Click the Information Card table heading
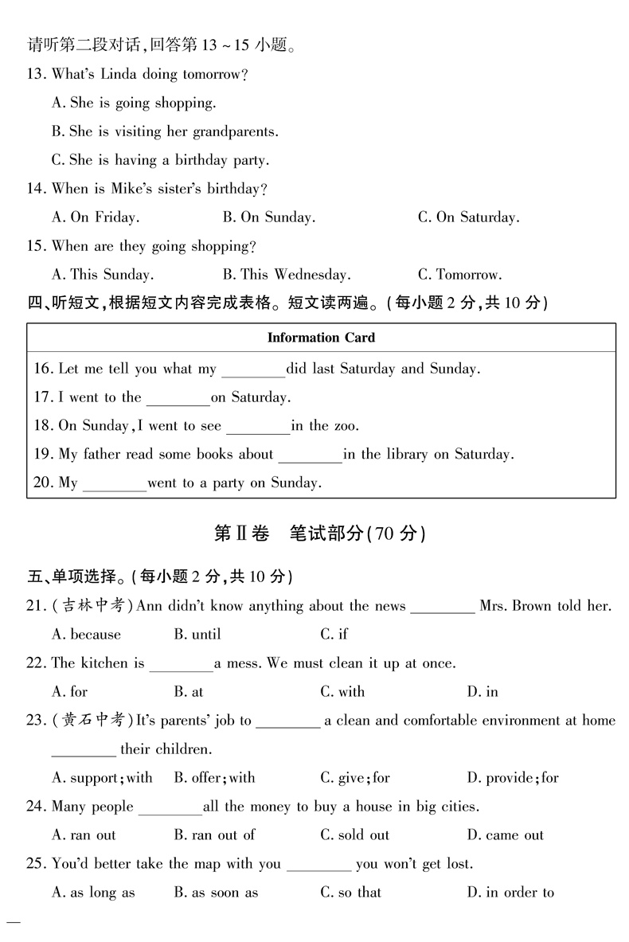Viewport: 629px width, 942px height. tap(321, 338)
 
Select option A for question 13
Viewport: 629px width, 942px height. tap(133, 103)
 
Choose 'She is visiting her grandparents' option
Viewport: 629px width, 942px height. tap(165, 131)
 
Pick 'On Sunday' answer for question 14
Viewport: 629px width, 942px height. tap(269, 217)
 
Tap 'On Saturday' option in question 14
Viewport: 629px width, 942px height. tap(468, 217)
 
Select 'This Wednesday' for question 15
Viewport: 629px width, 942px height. tap(286, 275)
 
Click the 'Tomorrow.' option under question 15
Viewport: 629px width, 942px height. tap(459, 275)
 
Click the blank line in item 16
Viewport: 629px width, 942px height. tap(253, 370)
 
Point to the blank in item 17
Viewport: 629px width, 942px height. tap(178, 398)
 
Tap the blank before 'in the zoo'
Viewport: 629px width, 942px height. tap(259, 427)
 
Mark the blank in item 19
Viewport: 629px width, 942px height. tap(311, 455)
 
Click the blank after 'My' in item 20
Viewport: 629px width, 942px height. tap(115, 484)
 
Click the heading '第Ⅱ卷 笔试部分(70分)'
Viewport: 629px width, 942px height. tap(320, 534)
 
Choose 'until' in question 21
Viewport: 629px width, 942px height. tap(197, 635)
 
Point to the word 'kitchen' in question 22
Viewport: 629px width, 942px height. tap(104, 663)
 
